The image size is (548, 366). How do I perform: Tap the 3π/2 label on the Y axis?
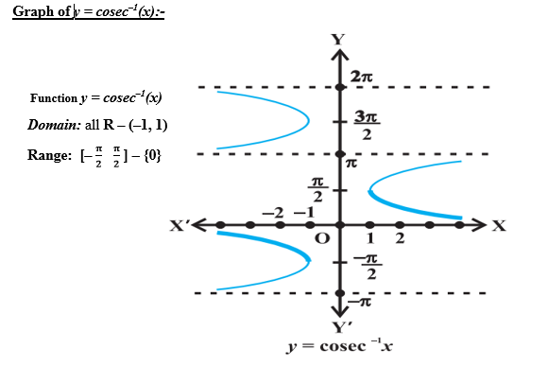click(368, 125)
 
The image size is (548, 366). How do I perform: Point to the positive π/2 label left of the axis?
click(318, 189)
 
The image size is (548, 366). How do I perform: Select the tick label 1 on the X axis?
click(371, 238)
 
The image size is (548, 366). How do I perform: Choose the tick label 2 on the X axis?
click(400, 238)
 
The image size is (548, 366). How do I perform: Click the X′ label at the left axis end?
click(180, 226)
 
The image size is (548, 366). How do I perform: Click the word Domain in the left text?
click(54, 126)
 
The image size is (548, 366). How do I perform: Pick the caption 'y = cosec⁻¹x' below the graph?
click(340, 347)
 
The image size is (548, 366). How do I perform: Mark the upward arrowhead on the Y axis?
click(339, 55)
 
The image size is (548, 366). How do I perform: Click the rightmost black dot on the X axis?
click(459, 225)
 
